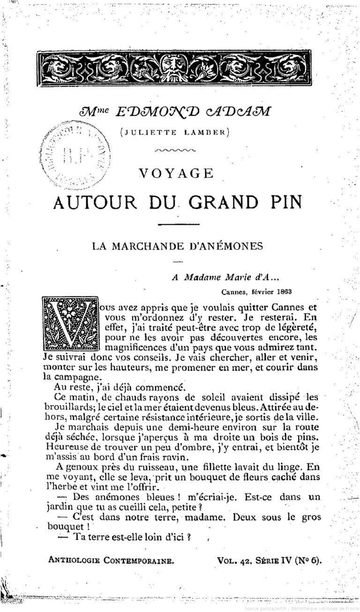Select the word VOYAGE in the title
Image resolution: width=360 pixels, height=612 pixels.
176,174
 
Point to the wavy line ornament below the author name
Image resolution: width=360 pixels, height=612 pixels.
175,151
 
